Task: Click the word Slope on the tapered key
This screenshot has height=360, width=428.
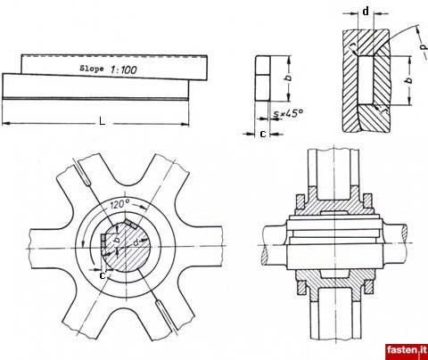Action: (x=92, y=69)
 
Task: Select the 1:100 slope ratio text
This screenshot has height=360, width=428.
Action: (x=124, y=70)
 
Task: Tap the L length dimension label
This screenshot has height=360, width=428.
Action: (x=103, y=121)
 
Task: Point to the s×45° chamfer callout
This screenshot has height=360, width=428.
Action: (x=288, y=113)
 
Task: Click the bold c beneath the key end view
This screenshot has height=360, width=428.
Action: (x=263, y=134)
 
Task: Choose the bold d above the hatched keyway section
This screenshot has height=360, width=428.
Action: (x=366, y=12)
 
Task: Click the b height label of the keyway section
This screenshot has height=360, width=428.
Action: (x=410, y=80)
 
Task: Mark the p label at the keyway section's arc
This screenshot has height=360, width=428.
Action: (x=424, y=46)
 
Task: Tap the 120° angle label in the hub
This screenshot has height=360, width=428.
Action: (x=119, y=204)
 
